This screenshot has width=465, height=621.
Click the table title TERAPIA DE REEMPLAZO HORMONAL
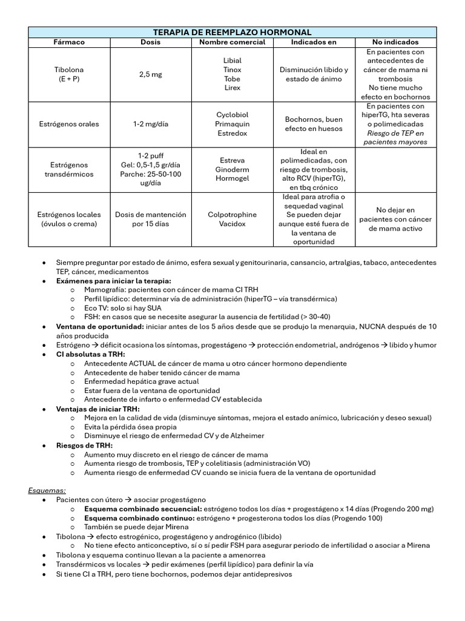tap(232, 32)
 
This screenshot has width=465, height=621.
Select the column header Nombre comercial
tap(232, 42)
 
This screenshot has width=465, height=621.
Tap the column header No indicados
tap(395, 42)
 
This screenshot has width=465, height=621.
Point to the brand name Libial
tap(232, 61)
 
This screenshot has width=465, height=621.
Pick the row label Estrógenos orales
tap(70, 124)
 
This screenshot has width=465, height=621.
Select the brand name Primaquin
tap(232, 124)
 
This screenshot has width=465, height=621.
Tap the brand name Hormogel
tap(232, 179)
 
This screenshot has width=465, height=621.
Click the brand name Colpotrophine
tap(232, 215)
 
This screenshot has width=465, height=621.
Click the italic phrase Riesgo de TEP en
tap(395, 133)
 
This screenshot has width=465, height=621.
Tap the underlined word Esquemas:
tap(47, 491)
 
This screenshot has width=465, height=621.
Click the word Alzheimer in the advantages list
tap(248, 435)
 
